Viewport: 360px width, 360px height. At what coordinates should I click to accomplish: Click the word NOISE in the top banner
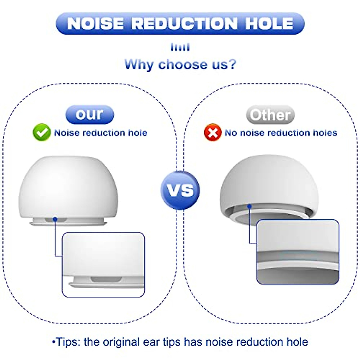pos(95,23)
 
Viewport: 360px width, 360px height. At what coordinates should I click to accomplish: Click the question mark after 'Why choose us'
pos(232,64)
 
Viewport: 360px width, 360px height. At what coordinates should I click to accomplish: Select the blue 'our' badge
pos(90,115)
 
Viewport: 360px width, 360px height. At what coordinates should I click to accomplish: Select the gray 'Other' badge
pos(270,115)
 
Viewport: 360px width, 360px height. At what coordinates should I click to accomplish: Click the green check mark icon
pos(42,132)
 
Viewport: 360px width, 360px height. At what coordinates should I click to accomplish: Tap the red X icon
pos(212,133)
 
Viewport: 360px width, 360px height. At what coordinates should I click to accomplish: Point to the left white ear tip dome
pos(68,186)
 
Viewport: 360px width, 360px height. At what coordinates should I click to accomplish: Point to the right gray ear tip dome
pos(268,186)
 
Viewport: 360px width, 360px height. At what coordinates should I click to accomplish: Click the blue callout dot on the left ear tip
pos(55,219)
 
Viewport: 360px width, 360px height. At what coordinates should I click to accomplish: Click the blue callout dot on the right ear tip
pos(249,206)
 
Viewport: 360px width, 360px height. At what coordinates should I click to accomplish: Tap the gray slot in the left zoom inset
pos(106,279)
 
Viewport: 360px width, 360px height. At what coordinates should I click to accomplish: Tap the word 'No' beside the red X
pos(231,133)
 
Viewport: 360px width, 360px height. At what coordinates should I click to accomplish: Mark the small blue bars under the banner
pos(180,47)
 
